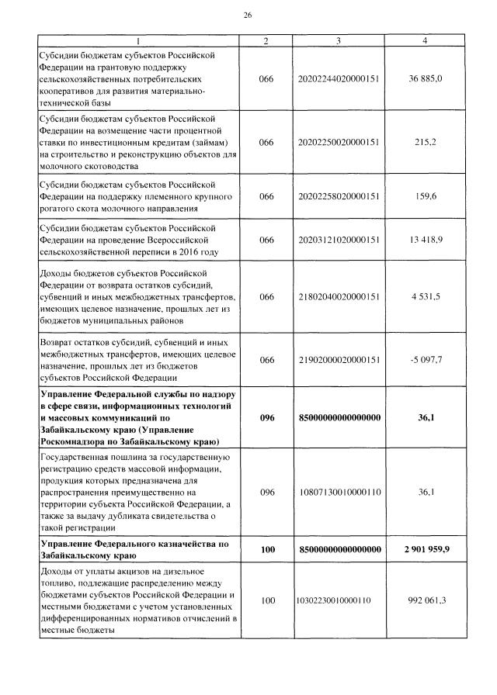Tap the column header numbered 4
click(x=425, y=40)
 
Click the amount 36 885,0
click(x=426, y=79)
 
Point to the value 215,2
click(x=426, y=142)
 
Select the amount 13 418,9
click(x=426, y=240)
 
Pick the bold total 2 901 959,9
click(x=426, y=549)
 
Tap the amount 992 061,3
click(x=426, y=600)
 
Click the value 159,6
click(x=426, y=196)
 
